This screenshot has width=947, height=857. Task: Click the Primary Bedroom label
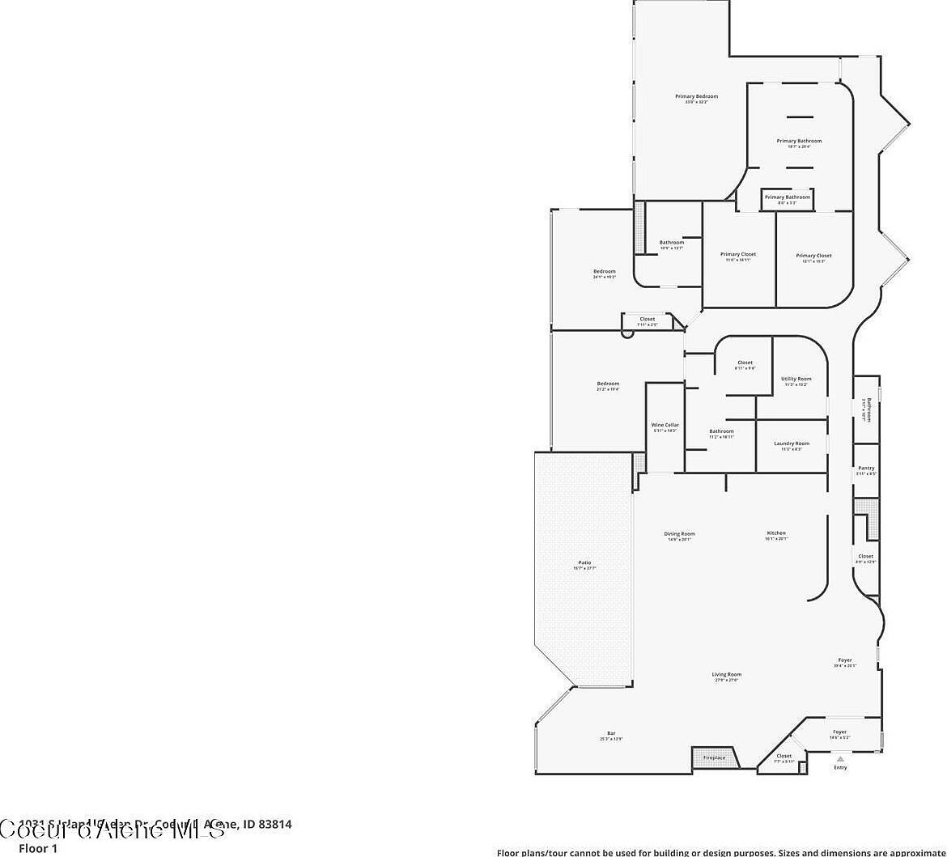point(696,96)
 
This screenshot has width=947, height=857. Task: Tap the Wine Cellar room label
point(665,425)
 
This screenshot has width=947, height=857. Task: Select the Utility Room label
point(796,379)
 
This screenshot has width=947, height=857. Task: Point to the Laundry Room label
point(791,443)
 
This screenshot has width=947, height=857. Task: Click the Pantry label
point(866,469)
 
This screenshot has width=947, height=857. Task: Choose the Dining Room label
point(679,534)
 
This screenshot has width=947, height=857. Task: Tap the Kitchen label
point(776,533)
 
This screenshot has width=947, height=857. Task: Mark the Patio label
point(584,562)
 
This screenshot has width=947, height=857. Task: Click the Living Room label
point(727,674)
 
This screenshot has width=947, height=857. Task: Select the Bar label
point(611,733)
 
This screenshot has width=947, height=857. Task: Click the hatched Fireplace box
point(715,757)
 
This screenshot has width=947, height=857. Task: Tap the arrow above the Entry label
point(840,759)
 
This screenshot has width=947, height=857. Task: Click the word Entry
point(840,767)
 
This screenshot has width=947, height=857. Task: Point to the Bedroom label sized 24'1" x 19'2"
point(605,271)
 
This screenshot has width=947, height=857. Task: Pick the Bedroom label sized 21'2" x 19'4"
point(608,384)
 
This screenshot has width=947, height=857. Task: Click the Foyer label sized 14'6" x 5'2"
point(839,732)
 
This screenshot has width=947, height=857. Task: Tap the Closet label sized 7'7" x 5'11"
point(784,756)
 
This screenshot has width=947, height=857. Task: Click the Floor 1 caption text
point(38,849)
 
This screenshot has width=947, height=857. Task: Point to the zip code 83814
point(274,825)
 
